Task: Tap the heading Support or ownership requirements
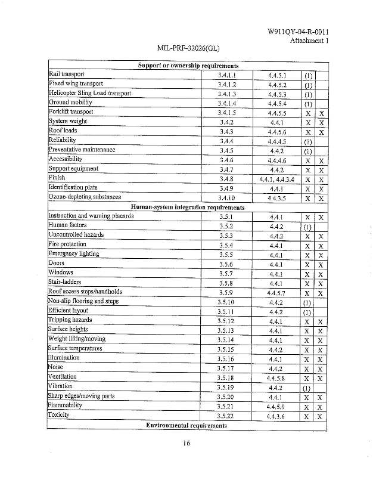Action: (x=188, y=66)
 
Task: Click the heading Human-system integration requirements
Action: (x=188, y=207)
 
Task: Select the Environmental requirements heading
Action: (x=186, y=426)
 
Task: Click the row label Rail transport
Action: (x=67, y=75)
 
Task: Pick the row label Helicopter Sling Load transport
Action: (x=89, y=93)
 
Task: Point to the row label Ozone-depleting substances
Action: (x=85, y=197)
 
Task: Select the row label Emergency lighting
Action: (x=73, y=253)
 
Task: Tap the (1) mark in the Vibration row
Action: (x=307, y=387)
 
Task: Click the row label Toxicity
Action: (x=59, y=414)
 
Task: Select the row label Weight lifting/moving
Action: (x=76, y=339)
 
